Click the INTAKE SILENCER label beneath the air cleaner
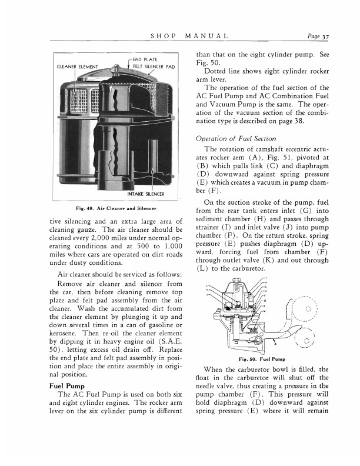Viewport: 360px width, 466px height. pyautogui.click(x=145, y=194)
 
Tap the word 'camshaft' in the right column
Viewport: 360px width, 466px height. pyautogui.click(x=262, y=151)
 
